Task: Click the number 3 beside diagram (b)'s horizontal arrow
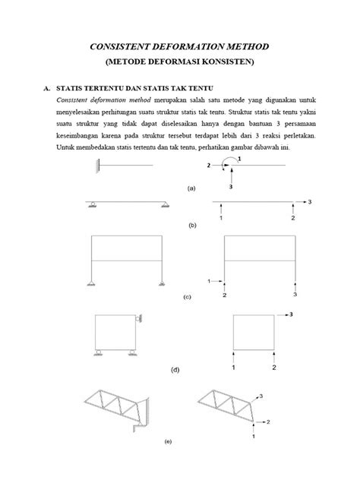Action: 310,201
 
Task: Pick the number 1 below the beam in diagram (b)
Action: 220,218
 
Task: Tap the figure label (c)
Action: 186,298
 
